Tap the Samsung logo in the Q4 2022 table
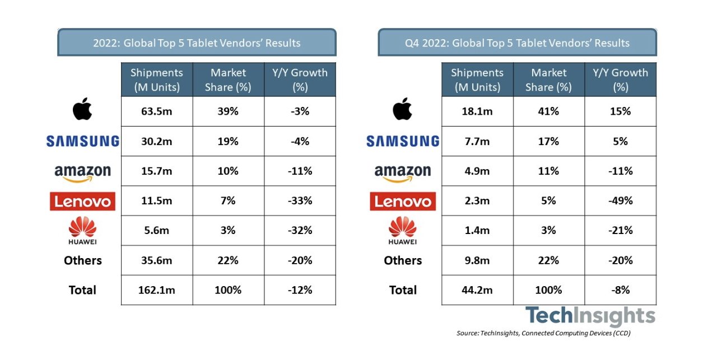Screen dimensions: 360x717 [x=403, y=141]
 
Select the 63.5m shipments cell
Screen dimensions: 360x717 [x=157, y=111]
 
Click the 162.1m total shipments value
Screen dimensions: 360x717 [x=157, y=290]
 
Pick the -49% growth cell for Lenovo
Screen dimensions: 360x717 [x=620, y=200]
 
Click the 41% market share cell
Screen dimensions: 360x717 [x=549, y=111]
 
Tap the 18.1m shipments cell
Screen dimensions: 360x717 [x=477, y=111]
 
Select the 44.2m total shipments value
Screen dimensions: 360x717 [x=477, y=290]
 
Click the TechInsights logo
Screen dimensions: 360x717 [x=590, y=316]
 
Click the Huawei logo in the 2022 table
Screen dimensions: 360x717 [x=82, y=230]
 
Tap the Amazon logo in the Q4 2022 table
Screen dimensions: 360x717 [x=403, y=172]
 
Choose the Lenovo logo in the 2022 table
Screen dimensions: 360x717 [x=82, y=201]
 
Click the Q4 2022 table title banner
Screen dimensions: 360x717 [x=517, y=43]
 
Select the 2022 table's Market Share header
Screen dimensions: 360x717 [x=229, y=80]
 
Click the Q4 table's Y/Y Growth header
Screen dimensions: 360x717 [x=620, y=80]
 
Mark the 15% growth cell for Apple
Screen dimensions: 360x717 [x=620, y=111]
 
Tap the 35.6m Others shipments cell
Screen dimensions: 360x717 [x=157, y=260]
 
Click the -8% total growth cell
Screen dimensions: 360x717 [x=620, y=290]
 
